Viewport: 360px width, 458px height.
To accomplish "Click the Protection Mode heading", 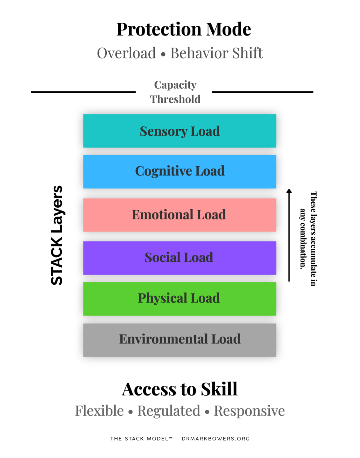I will [184, 30].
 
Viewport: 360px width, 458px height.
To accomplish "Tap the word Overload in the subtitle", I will [126, 53].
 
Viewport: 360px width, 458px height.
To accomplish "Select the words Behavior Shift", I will [217, 53].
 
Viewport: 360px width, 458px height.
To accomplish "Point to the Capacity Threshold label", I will [175, 92].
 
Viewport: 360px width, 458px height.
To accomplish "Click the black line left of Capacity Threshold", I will [83, 92].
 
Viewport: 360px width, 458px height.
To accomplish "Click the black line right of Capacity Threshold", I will [262, 92].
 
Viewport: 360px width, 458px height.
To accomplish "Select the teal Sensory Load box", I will [180, 131].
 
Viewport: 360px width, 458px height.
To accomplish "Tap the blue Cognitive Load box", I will [180, 171].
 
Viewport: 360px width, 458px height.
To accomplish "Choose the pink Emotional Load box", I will [180, 215].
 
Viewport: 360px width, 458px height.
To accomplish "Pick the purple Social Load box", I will [180, 258].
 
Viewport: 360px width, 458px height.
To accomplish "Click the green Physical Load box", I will [180, 299].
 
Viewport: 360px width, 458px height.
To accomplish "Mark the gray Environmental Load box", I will [180, 340].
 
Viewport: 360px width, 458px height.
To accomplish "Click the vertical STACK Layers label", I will [57, 235].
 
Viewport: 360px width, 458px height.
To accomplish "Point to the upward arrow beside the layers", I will [289, 235].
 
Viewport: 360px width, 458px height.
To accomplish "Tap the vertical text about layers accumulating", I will [308, 239].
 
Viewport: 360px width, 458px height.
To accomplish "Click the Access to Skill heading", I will [180, 389].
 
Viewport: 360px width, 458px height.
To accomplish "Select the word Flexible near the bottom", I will [99, 411].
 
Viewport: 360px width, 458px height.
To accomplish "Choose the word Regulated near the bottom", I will [169, 411].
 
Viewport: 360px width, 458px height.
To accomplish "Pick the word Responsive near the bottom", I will [249, 411].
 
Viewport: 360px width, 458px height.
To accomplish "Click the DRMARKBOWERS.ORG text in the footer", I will [215, 439].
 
